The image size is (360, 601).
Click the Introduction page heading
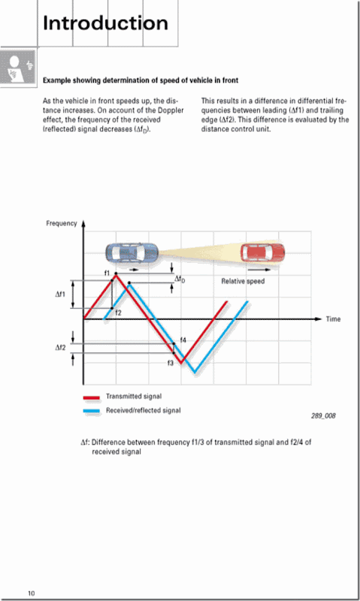pos(105,23)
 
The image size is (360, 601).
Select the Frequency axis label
pos(62,224)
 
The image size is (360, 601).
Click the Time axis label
pos(333,319)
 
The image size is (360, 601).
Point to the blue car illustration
pos(132,254)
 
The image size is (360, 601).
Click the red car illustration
pos(262,253)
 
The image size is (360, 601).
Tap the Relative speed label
pos(243,281)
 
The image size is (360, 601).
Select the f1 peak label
pos(107,273)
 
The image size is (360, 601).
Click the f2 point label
pos(118,312)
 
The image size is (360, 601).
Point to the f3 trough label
pos(171,363)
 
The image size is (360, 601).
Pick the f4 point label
pos(183,340)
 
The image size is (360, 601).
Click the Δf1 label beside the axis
pos(61,294)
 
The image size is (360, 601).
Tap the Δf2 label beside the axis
pos(61,348)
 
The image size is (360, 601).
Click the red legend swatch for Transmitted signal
pos(91,397)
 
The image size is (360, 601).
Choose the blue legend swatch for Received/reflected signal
pos(91,411)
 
